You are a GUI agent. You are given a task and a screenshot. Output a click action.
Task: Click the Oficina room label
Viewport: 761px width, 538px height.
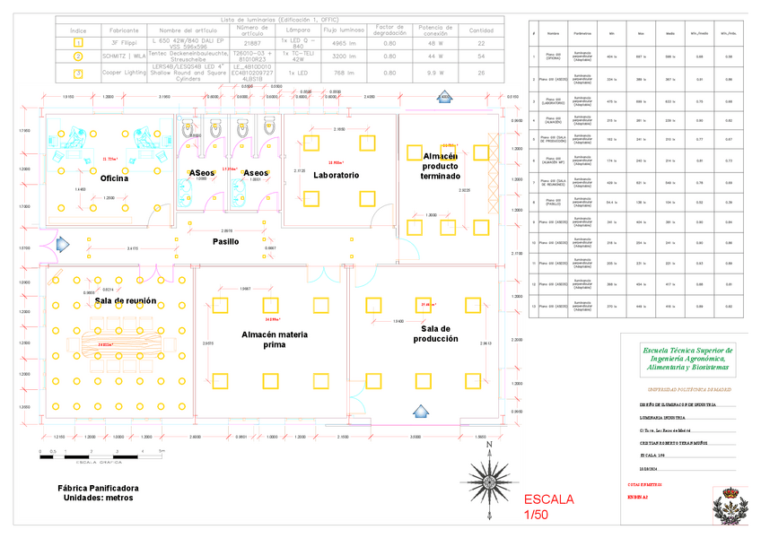(x=114, y=178)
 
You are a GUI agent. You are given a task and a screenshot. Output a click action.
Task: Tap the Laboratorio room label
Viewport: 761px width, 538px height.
(x=337, y=175)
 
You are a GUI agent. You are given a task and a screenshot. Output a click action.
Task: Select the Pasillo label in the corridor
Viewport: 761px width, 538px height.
(x=225, y=242)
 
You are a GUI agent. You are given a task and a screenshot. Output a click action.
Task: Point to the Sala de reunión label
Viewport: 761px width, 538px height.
(x=126, y=300)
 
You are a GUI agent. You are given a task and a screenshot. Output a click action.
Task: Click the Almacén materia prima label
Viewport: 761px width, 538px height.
(x=275, y=339)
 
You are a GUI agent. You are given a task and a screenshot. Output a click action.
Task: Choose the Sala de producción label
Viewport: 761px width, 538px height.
(x=435, y=334)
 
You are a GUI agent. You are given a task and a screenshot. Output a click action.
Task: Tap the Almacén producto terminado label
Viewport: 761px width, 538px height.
(x=440, y=166)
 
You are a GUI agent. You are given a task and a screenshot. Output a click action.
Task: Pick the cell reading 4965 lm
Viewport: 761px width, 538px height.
(x=345, y=42)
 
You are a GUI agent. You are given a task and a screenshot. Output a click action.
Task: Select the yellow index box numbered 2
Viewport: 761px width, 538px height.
(x=78, y=56)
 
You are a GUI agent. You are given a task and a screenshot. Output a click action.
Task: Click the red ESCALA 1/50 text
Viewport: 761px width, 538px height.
(x=548, y=507)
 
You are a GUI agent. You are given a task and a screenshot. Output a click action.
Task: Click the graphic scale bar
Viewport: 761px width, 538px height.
(x=99, y=456)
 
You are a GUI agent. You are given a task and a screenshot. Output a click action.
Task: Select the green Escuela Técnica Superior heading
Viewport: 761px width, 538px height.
(x=687, y=359)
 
